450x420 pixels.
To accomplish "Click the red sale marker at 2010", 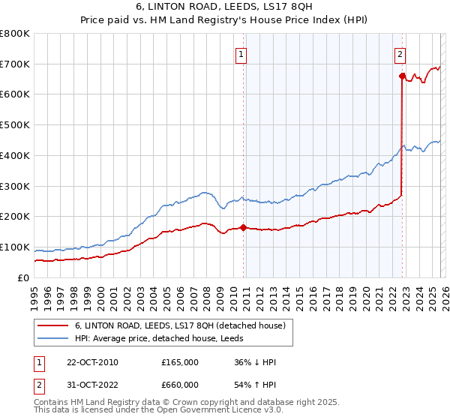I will pyautogui.click(x=244, y=227).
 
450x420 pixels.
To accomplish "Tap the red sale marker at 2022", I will pyautogui.click(x=403, y=76).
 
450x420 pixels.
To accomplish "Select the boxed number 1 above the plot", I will pyautogui.click(x=241, y=53).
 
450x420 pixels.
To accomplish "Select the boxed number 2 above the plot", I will pyautogui.click(x=400, y=53).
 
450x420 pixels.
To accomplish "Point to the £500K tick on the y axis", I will pyautogui.click(x=15, y=125).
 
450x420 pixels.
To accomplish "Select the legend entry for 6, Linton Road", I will pyautogui.click(x=180, y=325).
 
